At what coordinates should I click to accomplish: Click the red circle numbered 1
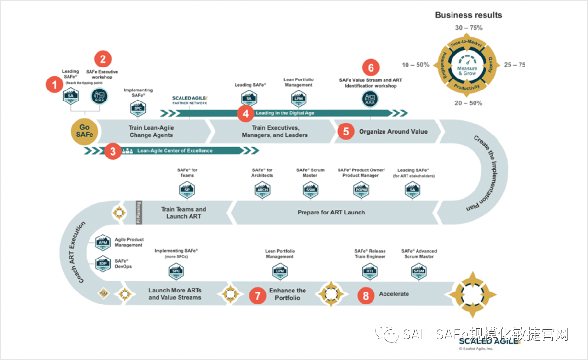point(54,85)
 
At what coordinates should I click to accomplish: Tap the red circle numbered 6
point(371,67)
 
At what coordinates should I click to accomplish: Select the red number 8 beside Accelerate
point(366,296)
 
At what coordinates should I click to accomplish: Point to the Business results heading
point(468,15)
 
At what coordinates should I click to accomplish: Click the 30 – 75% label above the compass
point(469,28)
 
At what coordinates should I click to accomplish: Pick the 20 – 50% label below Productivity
point(469,103)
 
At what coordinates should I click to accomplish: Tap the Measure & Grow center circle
point(467,70)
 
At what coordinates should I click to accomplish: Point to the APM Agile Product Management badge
point(102,242)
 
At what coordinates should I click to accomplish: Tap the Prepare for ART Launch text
point(331,212)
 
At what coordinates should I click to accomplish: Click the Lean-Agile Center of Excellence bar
point(175,151)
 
